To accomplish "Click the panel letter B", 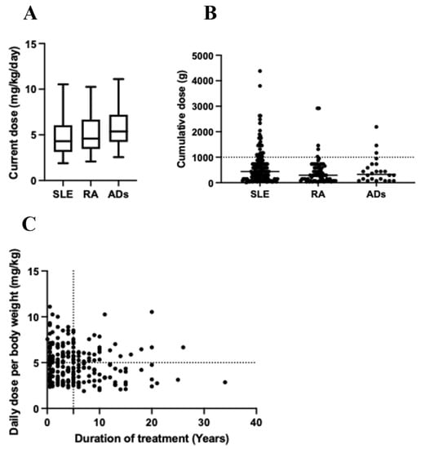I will pos(210,13).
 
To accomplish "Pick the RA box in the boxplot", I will pos(91,134).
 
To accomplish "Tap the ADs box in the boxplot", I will pos(119,127).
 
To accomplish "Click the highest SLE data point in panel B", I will pos(260,71).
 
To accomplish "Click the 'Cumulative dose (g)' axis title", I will pos(182,119).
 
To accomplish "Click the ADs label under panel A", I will pos(119,195).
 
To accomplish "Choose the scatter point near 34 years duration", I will pos(224,381).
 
